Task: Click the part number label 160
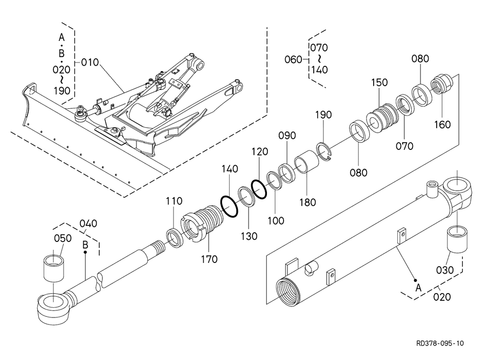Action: pyautogui.click(x=442, y=124)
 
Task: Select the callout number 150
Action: pyautogui.click(x=379, y=82)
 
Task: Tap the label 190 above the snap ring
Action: pyautogui.click(x=323, y=115)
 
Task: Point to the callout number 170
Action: pyautogui.click(x=209, y=259)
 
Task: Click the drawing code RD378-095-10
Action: pyautogui.click(x=440, y=343)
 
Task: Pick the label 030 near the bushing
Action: pyautogui.click(x=445, y=270)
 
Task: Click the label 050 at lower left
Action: pyautogui.click(x=63, y=238)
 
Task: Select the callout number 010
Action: pyautogui.click(x=90, y=63)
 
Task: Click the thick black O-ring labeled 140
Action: pyautogui.click(x=229, y=206)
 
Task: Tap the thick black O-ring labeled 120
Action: pyautogui.click(x=259, y=189)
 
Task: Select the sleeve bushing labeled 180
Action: pyautogui.click(x=305, y=161)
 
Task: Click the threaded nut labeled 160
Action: pyautogui.click(x=442, y=84)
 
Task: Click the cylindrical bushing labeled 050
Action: pyautogui.click(x=54, y=268)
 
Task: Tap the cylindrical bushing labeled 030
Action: pyautogui.click(x=457, y=239)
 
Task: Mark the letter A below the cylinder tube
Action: pyautogui.click(x=418, y=288)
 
